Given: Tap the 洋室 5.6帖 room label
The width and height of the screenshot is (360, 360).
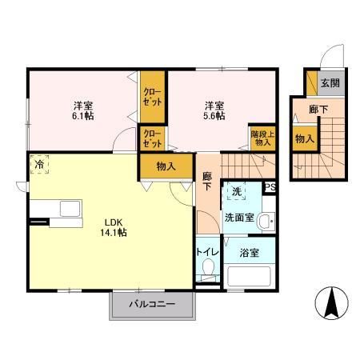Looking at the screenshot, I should (x=213, y=110).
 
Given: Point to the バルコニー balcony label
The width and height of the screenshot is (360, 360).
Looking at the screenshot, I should (x=152, y=305).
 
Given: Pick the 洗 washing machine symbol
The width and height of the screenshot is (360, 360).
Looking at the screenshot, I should (x=238, y=192).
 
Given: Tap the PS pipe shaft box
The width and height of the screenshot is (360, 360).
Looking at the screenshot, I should (x=270, y=189).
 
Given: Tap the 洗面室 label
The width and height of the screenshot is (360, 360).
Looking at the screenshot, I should (x=238, y=216).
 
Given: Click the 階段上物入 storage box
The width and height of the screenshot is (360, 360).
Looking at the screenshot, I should (x=262, y=139).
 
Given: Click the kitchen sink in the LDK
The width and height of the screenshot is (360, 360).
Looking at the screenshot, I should (x=67, y=210).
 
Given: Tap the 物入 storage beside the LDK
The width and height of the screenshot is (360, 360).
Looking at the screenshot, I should (x=166, y=166).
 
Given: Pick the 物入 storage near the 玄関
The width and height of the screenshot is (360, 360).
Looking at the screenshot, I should (x=304, y=138).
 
